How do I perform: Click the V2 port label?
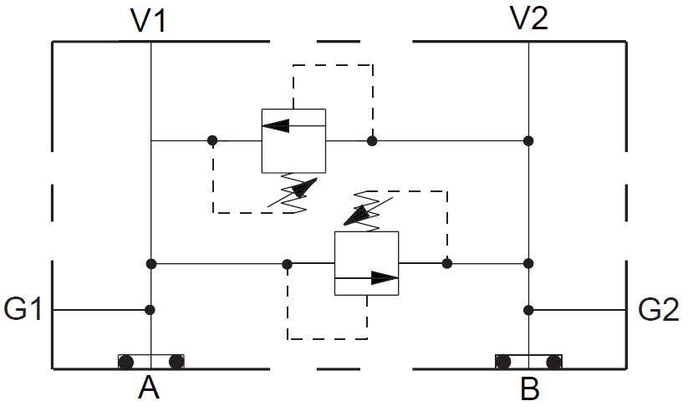click(528, 20)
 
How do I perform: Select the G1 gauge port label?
click(23, 310)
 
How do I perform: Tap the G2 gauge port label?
click(659, 310)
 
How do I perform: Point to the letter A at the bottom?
click(150, 390)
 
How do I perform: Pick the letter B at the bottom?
click(529, 390)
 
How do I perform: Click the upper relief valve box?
click(293, 140)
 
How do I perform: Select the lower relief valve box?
click(366, 263)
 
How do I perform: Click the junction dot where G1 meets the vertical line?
click(150, 310)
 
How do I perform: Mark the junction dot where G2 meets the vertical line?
click(528, 310)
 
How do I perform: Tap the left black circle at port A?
click(126, 362)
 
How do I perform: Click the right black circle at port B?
click(553, 362)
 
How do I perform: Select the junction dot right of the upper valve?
click(372, 140)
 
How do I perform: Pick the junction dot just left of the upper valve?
click(212, 140)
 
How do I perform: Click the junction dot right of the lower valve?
click(447, 264)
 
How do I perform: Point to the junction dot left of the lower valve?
click(288, 264)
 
